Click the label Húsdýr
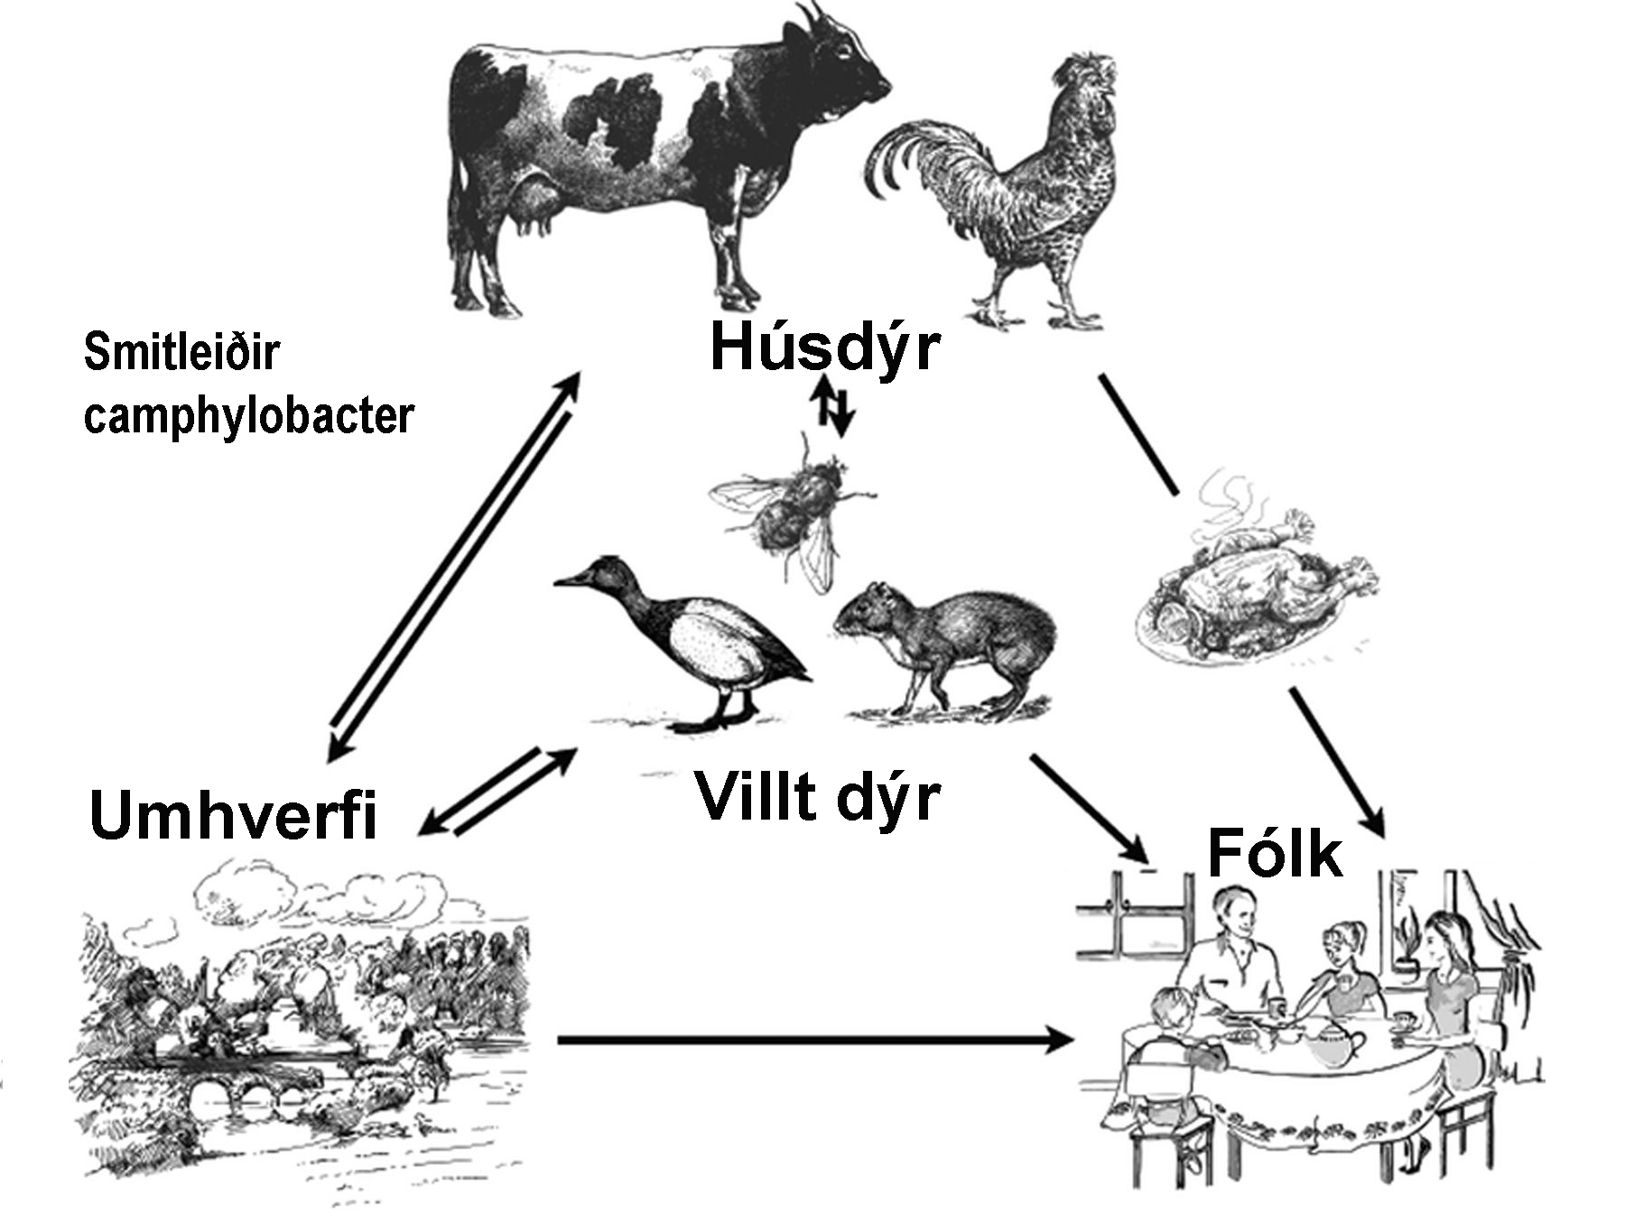point(824,348)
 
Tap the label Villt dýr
point(817,796)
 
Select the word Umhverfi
point(233,814)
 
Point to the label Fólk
point(1274,853)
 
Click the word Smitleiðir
point(181,351)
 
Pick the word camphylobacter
point(248,416)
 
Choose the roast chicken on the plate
point(1255,587)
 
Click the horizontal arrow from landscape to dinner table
point(812,1040)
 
